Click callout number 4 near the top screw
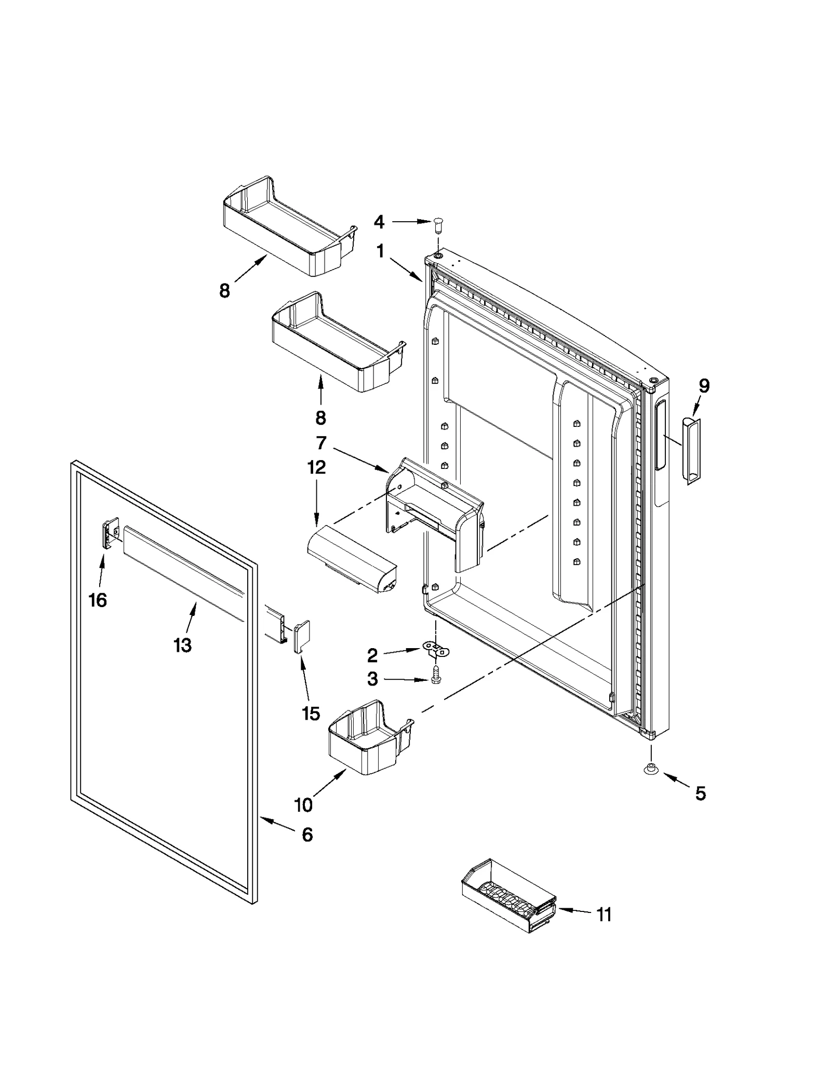(379, 222)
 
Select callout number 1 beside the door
(381, 252)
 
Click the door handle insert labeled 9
(691, 450)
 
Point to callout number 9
(703, 386)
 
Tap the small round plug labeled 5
(649, 770)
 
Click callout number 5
(700, 793)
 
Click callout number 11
(604, 915)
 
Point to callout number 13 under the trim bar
(182, 645)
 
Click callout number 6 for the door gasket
(307, 835)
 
